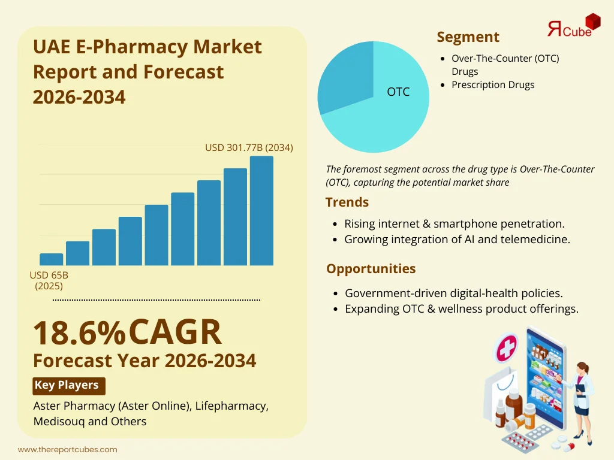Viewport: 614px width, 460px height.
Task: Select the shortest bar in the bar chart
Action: pyautogui.click(x=52, y=259)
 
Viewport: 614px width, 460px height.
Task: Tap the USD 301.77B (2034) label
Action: pyautogui.click(x=249, y=147)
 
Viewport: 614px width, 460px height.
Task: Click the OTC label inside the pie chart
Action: pyautogui.click(x=398, y=92)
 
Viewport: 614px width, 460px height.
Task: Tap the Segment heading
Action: pyautogui.click(x=468, y=37)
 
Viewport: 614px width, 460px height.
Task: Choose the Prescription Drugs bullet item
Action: pyautogui.click(x=493, y=84)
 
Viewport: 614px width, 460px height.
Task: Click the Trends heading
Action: pyautogui.click(x=347, y=202)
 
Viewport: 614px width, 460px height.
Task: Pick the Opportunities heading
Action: pyautogui.click(x=371, y=268)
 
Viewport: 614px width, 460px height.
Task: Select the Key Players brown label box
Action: pyautogui.click(x=67, y=385)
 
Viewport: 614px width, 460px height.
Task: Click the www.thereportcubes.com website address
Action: pyautogui.click(x=67, y=449)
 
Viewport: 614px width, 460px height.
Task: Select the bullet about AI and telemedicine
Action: pyautogui.click(x=457, y=239)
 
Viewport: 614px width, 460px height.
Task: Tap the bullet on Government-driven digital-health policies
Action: pyautogui.click(x=453, y=293)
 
